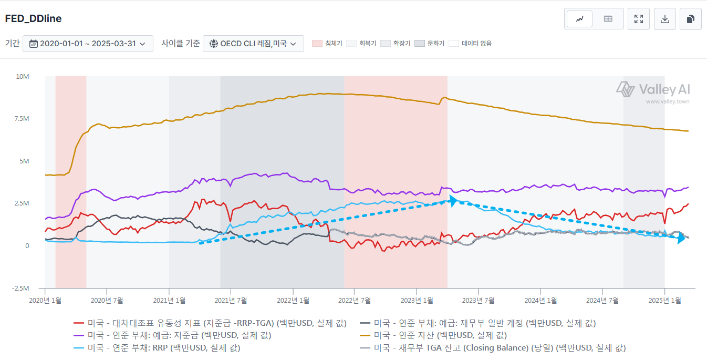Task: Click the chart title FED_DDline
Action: [x=33, y=19]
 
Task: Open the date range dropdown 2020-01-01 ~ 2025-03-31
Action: [x=88, y=44]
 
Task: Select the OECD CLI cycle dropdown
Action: [x=253, y=44]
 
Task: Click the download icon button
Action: [x=664, y=19]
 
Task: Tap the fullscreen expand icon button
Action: [x=639, y=19]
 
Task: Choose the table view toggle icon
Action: [x=608, y=19]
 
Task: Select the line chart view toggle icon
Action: [x=580, y=19]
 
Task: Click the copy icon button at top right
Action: [x=690, y=19]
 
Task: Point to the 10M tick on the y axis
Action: [x=23, y=77]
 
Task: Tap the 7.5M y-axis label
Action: [x=22, y=119]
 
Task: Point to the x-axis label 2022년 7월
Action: [x=355, y=300]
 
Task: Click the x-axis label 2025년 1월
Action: [x=664, y=300]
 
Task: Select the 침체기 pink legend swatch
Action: [x=317, y=44]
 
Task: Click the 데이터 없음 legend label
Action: [x=476, y=44]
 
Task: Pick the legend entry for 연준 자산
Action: [x=440, y=335]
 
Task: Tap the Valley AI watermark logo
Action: [x=653, y=89]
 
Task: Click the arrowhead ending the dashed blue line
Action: [x=681, y=238]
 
